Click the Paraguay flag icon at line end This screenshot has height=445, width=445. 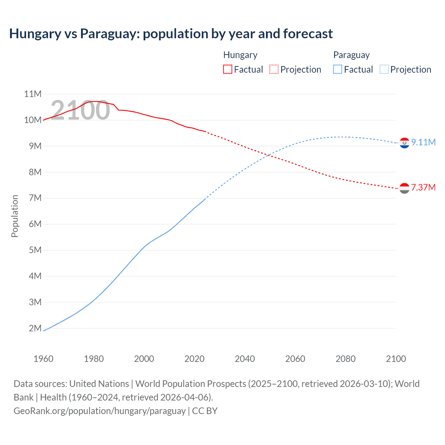click(x=404, y=143)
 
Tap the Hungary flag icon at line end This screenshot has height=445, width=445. click(x=404, y=188)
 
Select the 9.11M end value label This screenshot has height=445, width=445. click(x=423, y=142)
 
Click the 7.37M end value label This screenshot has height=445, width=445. click(x=423, y=187)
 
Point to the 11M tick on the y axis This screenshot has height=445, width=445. click(x=33, y=94)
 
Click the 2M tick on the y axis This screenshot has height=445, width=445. click(x=35, y=328)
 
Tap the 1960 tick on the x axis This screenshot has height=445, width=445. click(x=43, y=359)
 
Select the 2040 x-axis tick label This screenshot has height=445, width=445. click(x=245, y=359)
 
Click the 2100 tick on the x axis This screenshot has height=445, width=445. click(x=396, y=359)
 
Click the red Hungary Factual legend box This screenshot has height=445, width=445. click(x=227, y=69)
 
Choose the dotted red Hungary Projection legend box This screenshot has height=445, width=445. click(x=274, y=69)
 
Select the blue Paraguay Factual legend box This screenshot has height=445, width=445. click(x=338, y=69)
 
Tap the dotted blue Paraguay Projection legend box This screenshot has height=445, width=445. click(x=384, y=69)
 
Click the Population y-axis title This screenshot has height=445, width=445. click(x=15, y=216)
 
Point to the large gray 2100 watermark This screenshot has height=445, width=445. click(x=80, y=110)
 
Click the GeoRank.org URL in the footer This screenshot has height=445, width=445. click(x=99, y=411)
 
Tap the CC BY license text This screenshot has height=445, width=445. click(x=205, y=411)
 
